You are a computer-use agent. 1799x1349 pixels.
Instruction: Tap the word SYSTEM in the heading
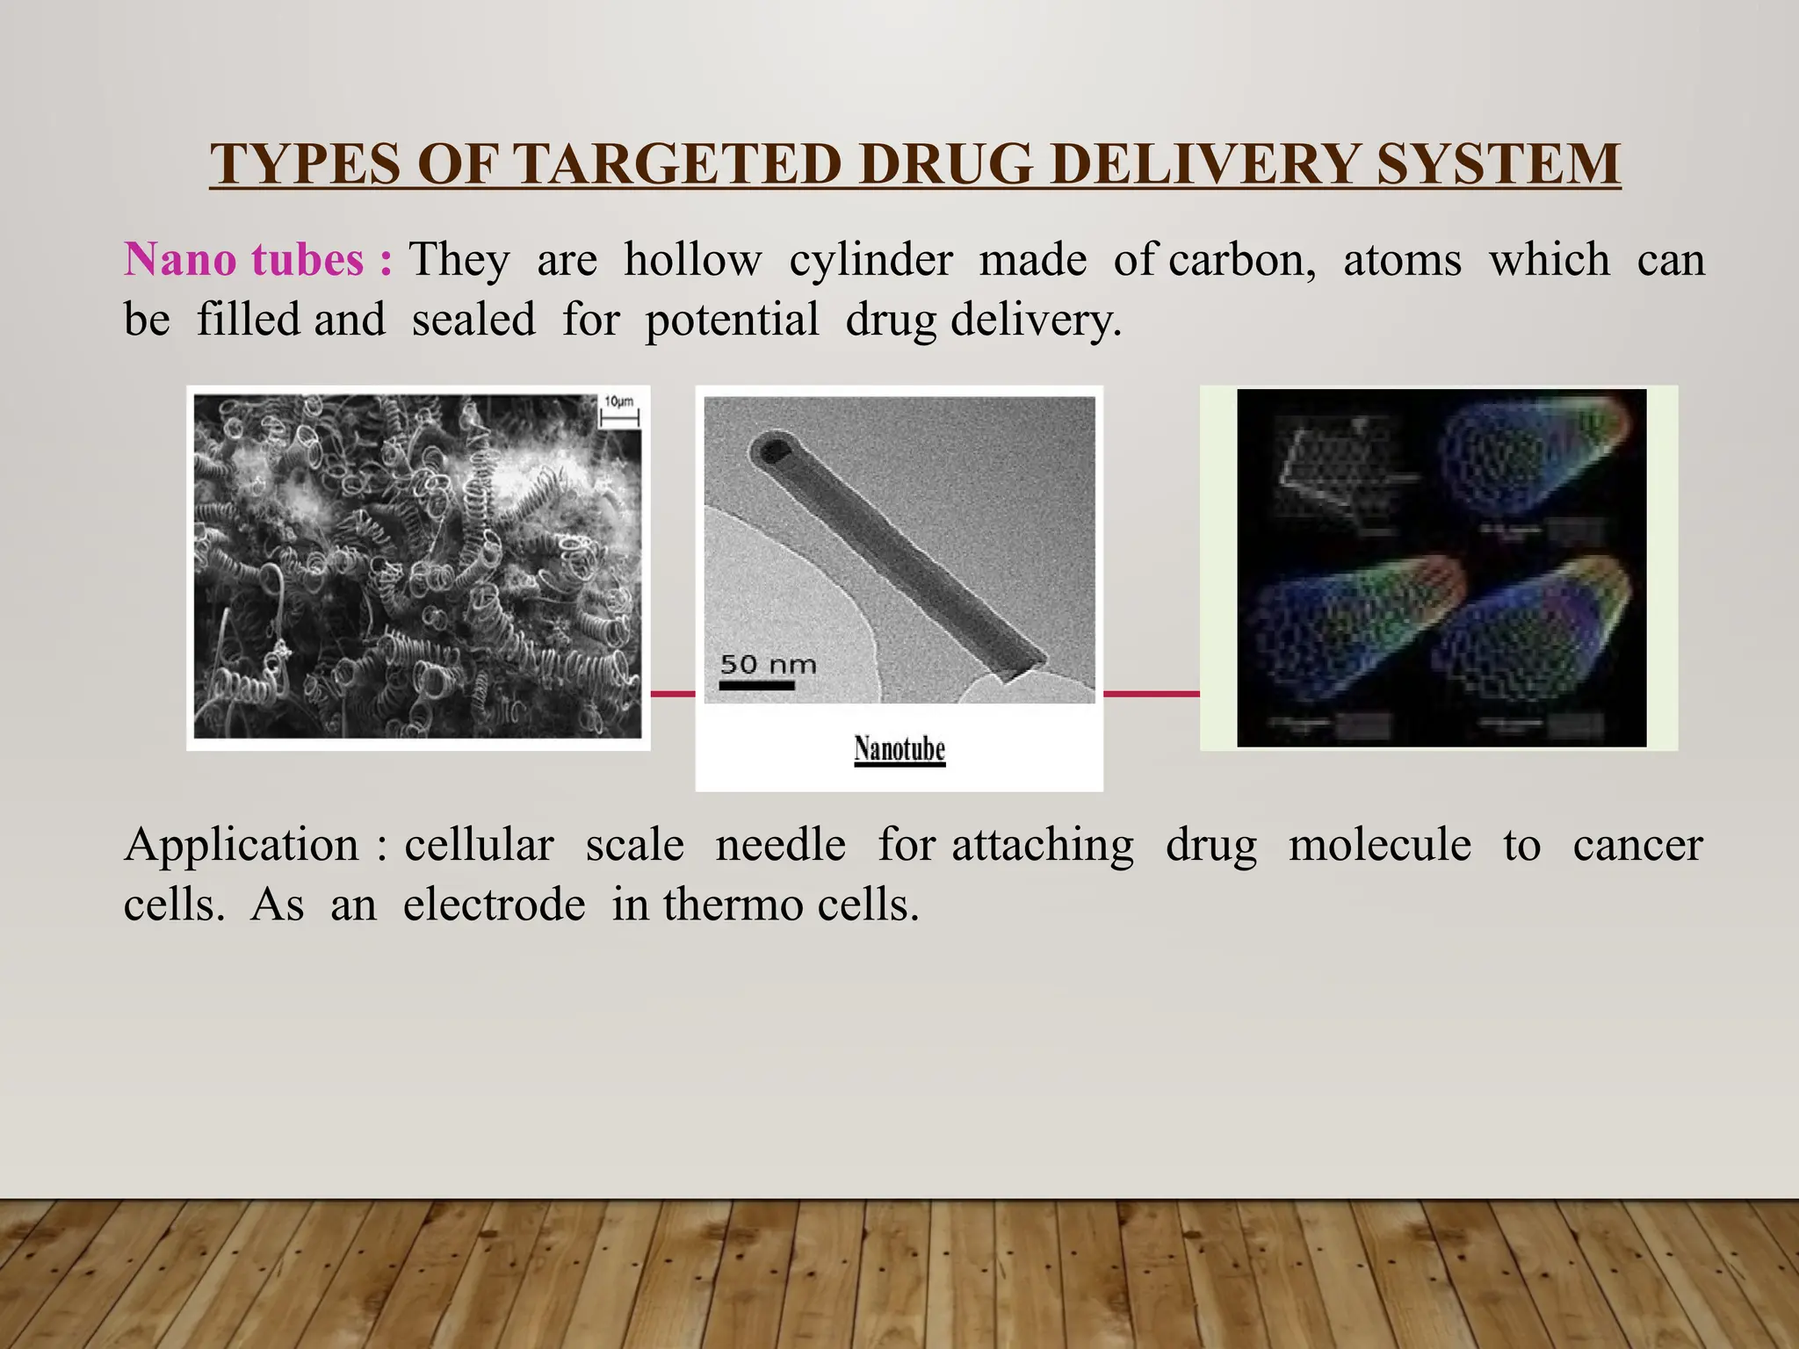pyautogui.click(x=1498, y=164)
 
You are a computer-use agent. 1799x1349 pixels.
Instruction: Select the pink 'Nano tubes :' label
pyautogui.click(x=257, y=260)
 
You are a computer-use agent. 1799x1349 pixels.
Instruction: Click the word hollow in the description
pyautogui.click(x=692, y=260)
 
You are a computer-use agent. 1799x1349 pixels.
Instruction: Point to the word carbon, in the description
pyautogui.click(x=1241, y=260)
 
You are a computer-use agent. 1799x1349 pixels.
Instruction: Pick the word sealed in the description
pyautogui.click(x=473, y=319)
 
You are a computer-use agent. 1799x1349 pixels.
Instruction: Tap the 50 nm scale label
pyautogui.click(x=768, y=664)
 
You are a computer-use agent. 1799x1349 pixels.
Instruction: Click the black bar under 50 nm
pyautogui.click(x=756, y=685)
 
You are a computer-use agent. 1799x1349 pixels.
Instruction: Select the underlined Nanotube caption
pyautogui.click(x=899, y=749)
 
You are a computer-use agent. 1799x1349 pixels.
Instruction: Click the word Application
pyautogui.click(x=242, y=846)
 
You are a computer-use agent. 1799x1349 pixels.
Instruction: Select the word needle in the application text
pyautogui.click(x=780, y=846)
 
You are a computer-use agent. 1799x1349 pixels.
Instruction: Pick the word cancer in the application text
pyautogui.click(x=1637, y=846)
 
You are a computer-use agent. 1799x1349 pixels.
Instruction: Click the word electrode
pyautogui.click(x=494, y=905)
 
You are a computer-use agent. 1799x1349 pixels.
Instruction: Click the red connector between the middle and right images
pyautogui.click(x=1151, y=694)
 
